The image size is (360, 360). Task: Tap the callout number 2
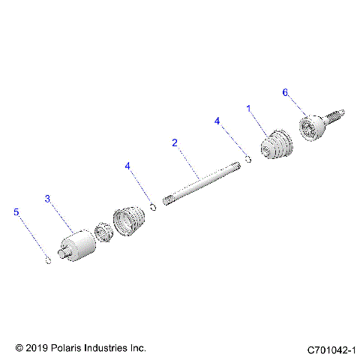pos(174,142)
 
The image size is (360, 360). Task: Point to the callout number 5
pos(17,212)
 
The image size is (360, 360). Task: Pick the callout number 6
pos(285,92)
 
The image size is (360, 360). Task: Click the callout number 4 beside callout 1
pos(217,120)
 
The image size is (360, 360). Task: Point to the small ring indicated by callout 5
pos(46,260)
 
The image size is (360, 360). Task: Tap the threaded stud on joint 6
pos(338,116)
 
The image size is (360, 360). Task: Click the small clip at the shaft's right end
pos(246,157)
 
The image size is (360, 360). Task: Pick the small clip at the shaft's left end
pos(153,208)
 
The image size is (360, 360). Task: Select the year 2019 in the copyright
pos(37,349)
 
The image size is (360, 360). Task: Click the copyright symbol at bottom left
pos(19,349)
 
